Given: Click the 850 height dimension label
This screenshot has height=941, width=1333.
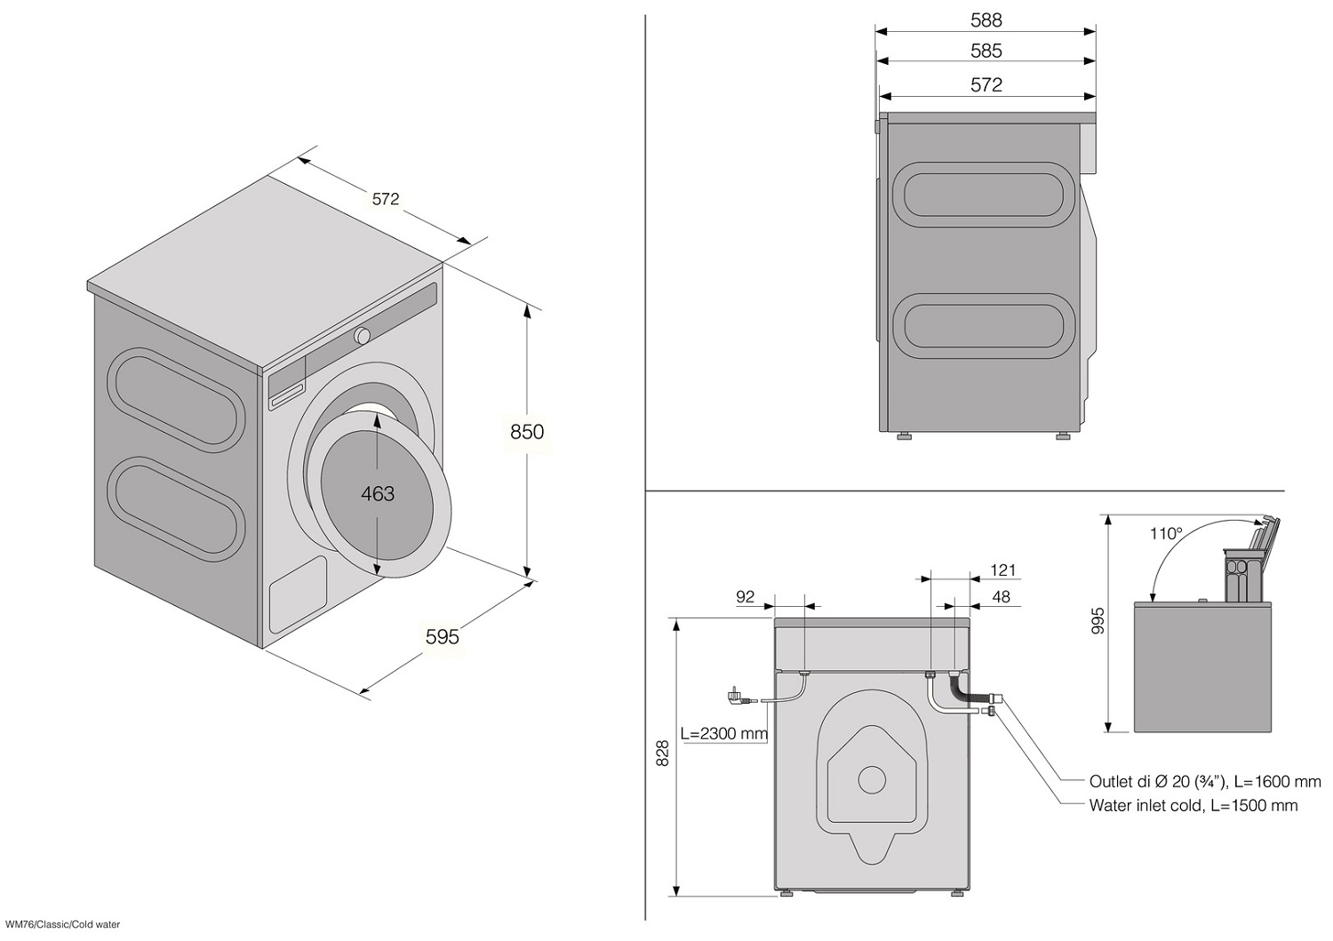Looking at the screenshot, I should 527,432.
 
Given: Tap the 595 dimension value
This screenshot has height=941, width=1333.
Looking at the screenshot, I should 443,636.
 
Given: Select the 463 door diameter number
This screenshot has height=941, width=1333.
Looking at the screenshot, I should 378,494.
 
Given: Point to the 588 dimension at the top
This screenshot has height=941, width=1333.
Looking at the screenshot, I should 986,20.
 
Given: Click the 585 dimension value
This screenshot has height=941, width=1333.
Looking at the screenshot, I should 986,52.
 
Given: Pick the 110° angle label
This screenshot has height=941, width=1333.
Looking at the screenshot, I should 1166,534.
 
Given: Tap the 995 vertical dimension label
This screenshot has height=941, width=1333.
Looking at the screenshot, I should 1098,621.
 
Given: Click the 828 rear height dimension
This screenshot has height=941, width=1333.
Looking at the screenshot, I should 662,754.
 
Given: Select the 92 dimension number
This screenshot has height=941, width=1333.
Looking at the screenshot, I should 745,596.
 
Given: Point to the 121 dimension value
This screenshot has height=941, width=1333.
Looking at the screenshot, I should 1002,570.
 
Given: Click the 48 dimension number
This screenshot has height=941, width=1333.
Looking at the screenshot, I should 1001,596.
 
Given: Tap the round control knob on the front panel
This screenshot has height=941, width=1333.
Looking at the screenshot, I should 362,336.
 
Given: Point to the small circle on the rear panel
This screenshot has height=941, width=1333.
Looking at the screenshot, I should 872,780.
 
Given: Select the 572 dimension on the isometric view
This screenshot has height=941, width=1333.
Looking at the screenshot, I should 386,199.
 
